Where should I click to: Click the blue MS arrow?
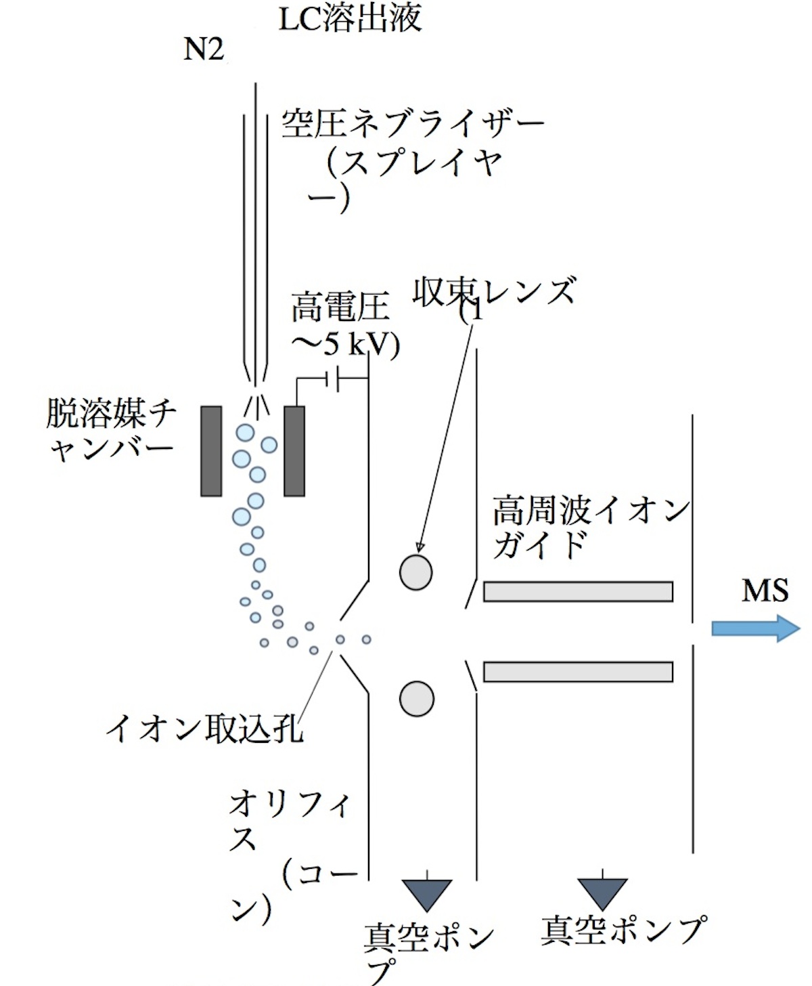click(x=755, y=628)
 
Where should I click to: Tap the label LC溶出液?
click(x=350, y=19)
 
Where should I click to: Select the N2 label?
click(x=204, y=50)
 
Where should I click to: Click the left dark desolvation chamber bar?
click(x=211, y=451)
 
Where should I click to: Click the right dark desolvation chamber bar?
click(x=294, y=451)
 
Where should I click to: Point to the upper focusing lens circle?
click(x=415, y=572)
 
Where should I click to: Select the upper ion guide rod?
click(x=578, y=591)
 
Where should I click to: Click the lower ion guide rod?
click(x=578, y=671)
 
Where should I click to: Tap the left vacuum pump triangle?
click(x=426, y=895)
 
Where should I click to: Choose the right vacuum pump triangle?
click(x=603, y=894)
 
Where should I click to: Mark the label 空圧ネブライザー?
click(x=413, y=125)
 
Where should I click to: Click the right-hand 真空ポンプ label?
click(x=623, y=930)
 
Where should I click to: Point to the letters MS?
click(x=765, y=591)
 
